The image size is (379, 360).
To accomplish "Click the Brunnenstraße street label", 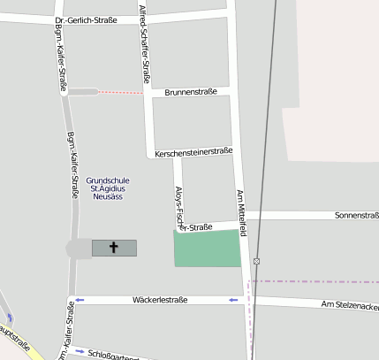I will point(190,91).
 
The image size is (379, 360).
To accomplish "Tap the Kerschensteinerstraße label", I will point(193,152).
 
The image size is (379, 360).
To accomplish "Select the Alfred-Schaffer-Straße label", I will point(145,42).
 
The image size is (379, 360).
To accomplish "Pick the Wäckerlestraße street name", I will point(160,301).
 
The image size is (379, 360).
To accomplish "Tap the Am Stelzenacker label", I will point(350,305).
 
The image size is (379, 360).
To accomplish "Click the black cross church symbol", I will point(114,248).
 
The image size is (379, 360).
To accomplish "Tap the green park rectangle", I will point(208,249).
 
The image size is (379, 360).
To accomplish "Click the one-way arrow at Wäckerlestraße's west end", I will point(80,301).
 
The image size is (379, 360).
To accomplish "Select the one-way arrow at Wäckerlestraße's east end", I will point(233,301).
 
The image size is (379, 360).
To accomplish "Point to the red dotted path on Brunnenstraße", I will point(120,92).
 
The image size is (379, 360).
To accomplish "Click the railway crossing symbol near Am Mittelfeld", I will point(256,261).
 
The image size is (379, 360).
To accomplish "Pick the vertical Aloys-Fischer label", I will point(178,204).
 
